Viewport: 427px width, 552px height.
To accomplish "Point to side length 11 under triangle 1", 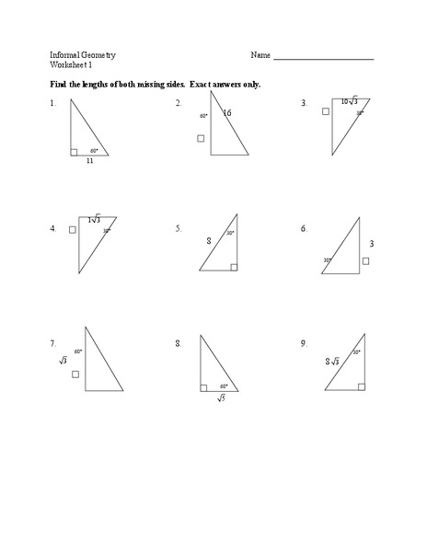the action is click(90, 161).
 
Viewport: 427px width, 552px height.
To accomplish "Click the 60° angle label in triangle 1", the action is click(94, 150).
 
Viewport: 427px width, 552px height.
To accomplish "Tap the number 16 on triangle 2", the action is click(226, 112).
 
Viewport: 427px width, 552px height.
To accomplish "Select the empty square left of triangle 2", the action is click(202, 139).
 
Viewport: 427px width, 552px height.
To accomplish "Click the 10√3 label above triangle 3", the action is click(349, 101).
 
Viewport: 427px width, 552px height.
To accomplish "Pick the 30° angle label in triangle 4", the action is click(106, 231).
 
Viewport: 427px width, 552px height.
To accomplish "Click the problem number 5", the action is click(179, 228).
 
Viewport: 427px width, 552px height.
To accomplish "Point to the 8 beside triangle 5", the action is click(209, 241).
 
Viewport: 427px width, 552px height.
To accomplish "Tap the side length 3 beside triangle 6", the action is click(371, 244).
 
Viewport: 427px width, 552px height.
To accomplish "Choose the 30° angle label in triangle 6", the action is click(327, 260).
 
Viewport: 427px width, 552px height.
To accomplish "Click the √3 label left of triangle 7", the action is click(63, 361).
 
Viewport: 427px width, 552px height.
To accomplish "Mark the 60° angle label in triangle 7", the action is click(79, 351).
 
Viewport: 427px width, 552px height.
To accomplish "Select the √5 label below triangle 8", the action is click(222, 397).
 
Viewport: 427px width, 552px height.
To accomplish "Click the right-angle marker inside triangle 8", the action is click(203, 387).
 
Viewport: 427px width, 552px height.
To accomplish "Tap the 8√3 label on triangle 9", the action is click(332, 362).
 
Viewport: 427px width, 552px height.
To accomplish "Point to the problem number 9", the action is click(303, 342).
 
